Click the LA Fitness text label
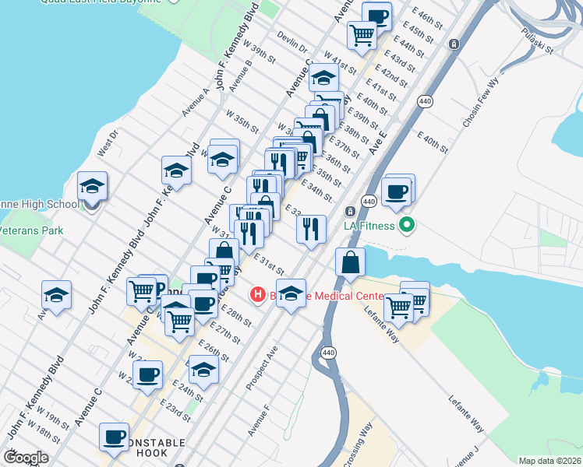369,226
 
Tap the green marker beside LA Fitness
406,226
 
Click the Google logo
26,458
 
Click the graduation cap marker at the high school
92,187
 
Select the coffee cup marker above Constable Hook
115,437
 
